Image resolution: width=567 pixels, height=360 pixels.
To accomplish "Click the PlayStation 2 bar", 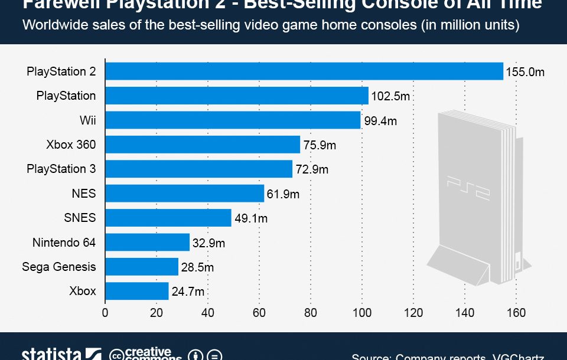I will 304,71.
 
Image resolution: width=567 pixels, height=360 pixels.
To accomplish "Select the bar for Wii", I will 233,120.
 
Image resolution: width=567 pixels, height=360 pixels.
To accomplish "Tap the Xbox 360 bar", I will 203,145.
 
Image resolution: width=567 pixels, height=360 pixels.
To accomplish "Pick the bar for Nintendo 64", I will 148,242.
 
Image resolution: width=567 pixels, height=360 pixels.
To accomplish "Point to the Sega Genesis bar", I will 142,267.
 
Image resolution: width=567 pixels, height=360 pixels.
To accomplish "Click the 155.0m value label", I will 524,73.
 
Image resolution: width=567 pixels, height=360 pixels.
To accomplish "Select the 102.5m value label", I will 390,96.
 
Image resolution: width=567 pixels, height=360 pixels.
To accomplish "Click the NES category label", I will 83,193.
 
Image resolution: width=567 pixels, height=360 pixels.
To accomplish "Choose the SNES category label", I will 80,218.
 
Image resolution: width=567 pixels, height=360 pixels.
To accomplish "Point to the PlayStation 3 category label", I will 61,169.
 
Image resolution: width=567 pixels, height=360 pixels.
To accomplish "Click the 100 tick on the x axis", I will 362,313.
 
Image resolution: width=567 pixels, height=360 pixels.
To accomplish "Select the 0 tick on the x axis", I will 105,313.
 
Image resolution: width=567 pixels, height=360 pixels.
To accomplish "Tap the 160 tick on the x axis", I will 516,313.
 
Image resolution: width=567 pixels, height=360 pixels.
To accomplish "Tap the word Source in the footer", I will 371,356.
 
